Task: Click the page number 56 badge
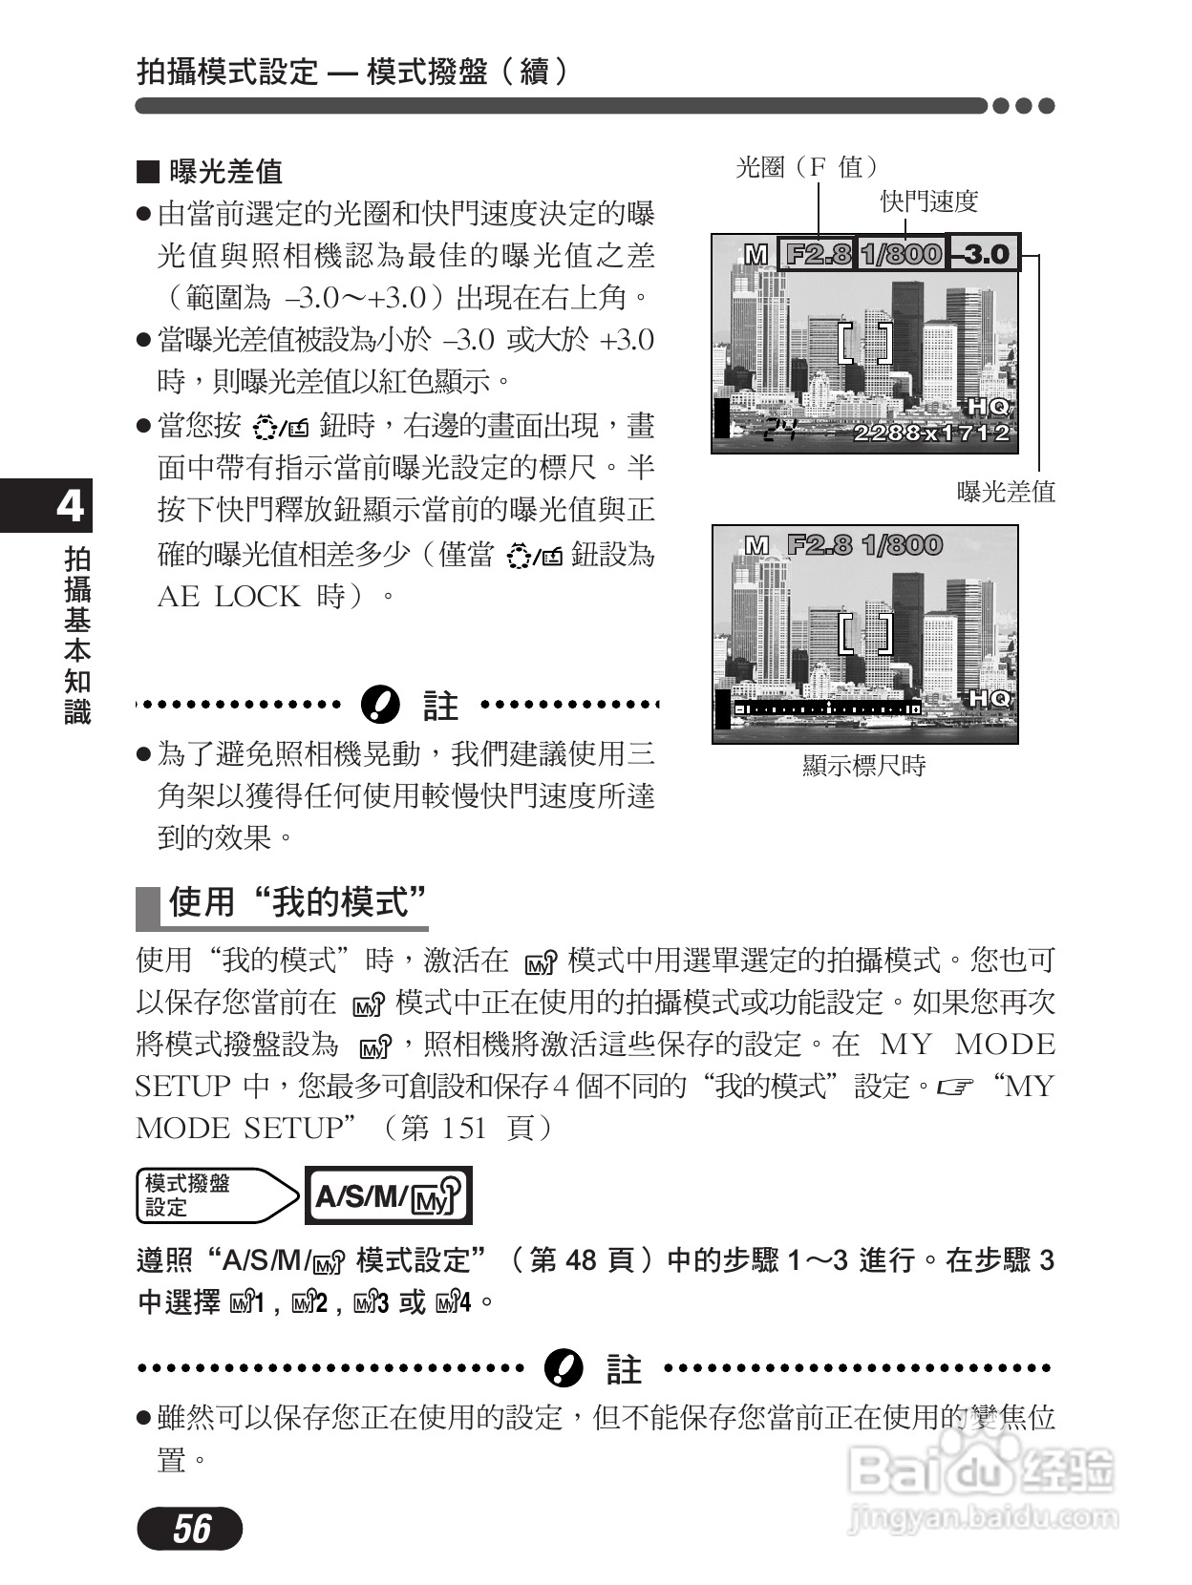[x=190, y=1529]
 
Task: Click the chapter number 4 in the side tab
[x=70, y=506]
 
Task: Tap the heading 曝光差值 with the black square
[x=211, y=172]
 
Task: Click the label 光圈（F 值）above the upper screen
[x=806, y=168]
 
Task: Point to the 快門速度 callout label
[x=929, y=201]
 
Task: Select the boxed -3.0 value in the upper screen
[x=985, y=253]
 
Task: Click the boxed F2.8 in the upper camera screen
[x=817, y=254]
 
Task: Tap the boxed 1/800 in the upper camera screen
[x=901, y=254]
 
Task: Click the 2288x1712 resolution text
[x=930, y=433]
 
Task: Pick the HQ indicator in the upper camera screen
[x=988, y=407]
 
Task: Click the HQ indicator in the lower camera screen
[x=988, y=698]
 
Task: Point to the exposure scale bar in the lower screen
[x=827, y=708]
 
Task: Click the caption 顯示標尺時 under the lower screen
[x=863, y=766]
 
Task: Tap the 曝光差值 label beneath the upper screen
[x=1006, y=492]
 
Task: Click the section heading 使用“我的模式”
[x=296, y=901]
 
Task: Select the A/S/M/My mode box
[x=388, y=1195]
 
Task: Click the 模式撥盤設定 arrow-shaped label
[x=216, y=1195]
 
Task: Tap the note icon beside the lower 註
[x=563, y=1368]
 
